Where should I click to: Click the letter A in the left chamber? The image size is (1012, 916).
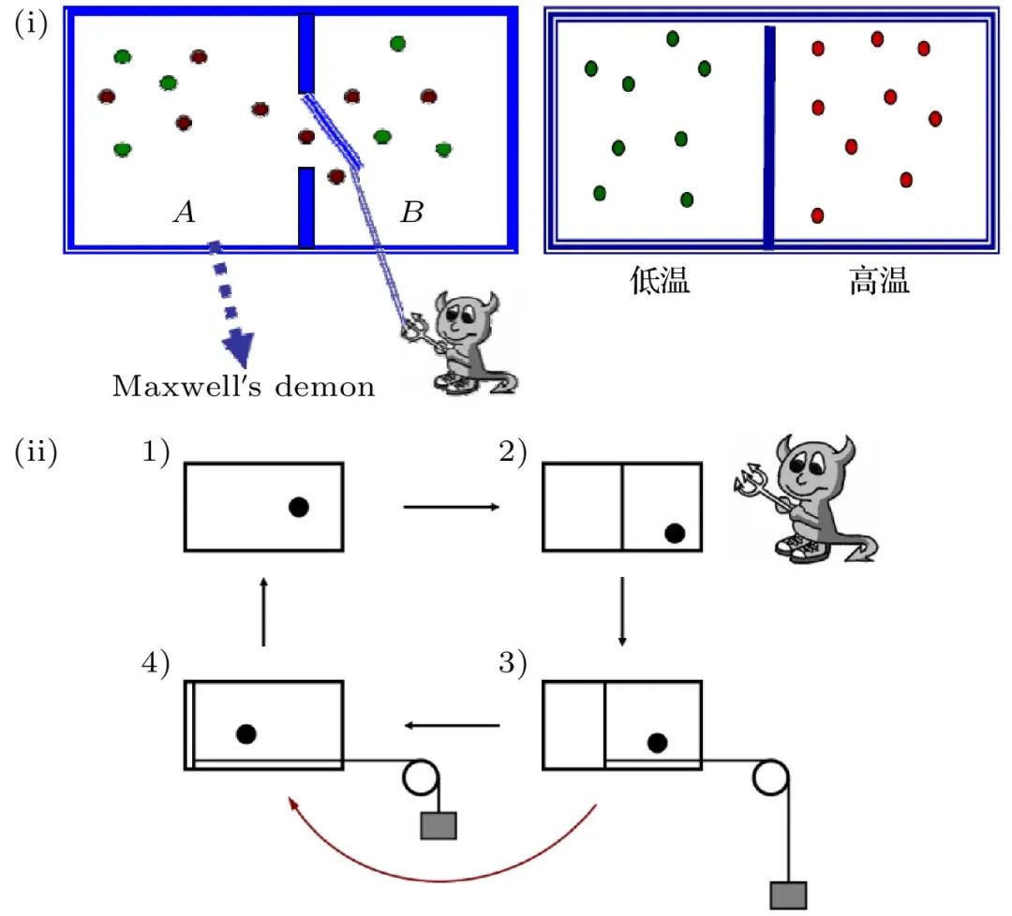[185, 212]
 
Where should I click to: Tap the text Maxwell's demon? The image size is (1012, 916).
[244, 387]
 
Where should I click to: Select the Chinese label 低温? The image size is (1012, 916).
[660, 281]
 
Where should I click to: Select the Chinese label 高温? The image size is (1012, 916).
[879, 281]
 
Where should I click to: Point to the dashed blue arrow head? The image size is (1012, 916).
[238, 349]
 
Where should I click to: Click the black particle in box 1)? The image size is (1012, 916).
[299, 507]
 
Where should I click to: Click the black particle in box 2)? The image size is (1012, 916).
[675, 533]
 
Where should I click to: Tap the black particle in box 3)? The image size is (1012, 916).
[658, 743]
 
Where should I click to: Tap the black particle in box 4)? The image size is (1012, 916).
[246, 734]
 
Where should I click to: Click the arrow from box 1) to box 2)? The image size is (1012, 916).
[452, 507]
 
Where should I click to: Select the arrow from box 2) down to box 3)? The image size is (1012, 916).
[622, 612]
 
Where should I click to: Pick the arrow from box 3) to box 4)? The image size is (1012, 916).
[452, 726]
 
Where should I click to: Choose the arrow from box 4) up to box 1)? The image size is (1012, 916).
[263, 612]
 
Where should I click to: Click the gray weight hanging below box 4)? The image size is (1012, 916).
[439, 826]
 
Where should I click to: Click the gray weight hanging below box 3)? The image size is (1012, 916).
[789, 895]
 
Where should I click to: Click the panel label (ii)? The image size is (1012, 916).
[37, 451]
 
